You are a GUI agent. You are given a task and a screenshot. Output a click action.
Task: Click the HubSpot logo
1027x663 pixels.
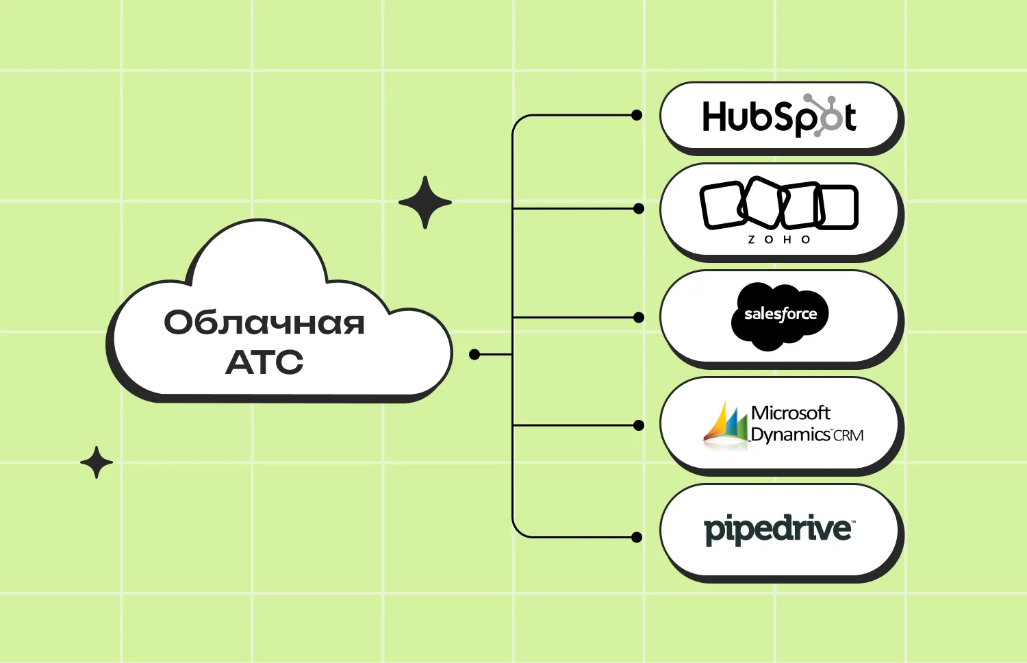(778, 116)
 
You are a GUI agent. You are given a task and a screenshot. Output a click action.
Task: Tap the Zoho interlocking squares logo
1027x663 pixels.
(778, 205)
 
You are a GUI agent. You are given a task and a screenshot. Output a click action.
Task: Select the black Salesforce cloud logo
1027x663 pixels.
(780, 316)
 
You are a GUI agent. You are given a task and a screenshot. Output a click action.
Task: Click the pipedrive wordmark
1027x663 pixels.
(779, 529)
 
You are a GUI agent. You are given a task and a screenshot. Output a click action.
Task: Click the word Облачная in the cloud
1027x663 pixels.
(264, 323)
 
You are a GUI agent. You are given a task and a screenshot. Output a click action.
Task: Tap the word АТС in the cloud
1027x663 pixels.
(264, 362)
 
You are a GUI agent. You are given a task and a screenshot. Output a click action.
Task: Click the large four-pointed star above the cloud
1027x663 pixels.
(425, 202)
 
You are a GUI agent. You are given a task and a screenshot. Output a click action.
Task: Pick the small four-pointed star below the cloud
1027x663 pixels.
(97, 462)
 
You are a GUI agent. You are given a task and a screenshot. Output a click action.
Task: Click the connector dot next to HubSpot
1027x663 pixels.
(637, 115)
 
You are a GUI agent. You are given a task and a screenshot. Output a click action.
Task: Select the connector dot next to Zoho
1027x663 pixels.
(639, 208)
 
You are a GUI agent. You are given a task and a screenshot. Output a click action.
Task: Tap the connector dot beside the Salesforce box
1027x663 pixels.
(639, 317)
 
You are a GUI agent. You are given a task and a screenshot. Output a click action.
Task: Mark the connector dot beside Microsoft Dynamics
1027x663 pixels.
(639, 425)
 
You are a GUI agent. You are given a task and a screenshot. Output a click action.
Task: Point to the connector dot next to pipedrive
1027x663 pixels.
(637, 537)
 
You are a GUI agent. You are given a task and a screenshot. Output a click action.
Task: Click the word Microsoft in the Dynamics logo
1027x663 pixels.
(790, 413)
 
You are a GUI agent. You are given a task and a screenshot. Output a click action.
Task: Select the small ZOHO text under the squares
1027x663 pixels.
(779, 240)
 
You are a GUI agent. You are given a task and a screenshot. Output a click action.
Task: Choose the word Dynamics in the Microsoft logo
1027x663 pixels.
(790, 435)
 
